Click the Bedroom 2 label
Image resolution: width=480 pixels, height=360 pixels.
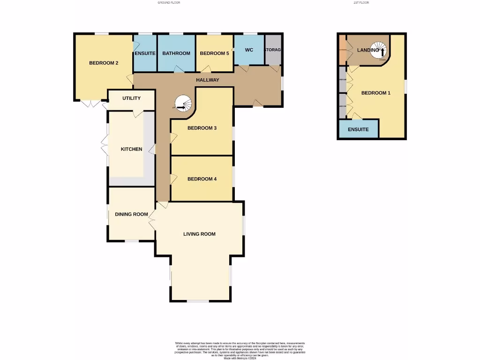coord(103,63)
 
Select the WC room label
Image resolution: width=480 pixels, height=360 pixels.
coord(249,50)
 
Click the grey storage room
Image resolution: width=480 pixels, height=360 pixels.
coord(273,50)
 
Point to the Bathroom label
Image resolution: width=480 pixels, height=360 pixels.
coord(176,53)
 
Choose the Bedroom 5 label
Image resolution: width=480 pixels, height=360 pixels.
coord(214,53)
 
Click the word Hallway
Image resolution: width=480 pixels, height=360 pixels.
coord(207,80)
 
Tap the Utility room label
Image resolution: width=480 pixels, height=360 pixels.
coord(131,98)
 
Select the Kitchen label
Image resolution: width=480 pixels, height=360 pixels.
coord(131,149)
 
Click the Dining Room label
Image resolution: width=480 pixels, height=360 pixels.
coord(131,214)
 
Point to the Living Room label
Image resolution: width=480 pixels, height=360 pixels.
coord(199,234)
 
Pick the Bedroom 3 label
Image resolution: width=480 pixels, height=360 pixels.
coord(202,128)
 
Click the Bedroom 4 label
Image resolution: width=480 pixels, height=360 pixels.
coord(202,179)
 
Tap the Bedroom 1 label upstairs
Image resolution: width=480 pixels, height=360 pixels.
coord(375,93)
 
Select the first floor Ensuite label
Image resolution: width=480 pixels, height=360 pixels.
coord(358,129)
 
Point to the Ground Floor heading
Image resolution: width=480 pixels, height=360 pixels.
coord(169,3)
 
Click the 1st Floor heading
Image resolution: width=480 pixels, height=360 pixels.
coord(361,3)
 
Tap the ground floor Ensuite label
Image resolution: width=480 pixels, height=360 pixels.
coord(145,53)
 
